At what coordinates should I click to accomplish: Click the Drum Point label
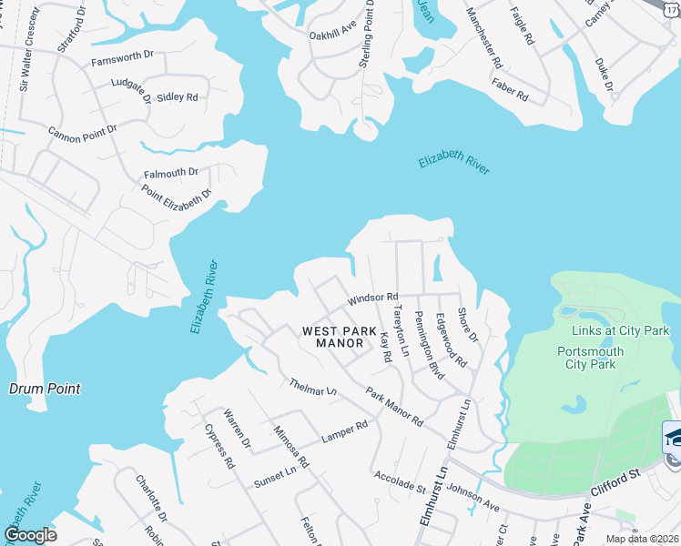pos(45,389)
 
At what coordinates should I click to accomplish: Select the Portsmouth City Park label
pos(591,358)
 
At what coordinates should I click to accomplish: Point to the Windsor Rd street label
pos(372,298)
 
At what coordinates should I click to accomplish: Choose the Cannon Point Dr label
pos(83,130)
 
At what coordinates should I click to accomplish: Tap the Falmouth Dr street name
pos(170,173)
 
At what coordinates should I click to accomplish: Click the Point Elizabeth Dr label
pos(177,194)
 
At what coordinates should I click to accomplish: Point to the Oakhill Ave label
pos(331,35)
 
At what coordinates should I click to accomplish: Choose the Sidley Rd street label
pos(177,96)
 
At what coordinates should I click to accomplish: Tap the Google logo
pos(30,535)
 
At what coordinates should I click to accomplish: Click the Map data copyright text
pos(641,539)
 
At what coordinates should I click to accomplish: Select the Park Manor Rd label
pos(394,408)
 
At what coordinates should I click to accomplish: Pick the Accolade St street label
pos(400,481)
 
